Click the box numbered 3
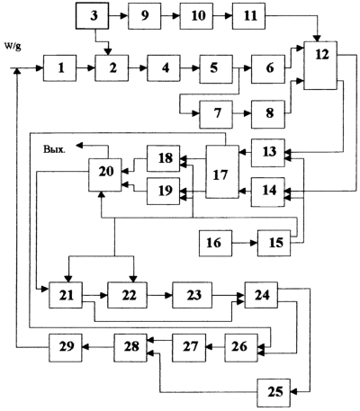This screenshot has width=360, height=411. click(92, 16)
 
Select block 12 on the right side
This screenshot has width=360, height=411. click(320, 66)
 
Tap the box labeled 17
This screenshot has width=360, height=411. click(222, 172)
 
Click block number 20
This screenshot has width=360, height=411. click(105, 174)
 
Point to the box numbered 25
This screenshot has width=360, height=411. click(274, 392)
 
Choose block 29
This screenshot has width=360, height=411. click(66, 348)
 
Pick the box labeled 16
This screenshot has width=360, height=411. click(216, 243)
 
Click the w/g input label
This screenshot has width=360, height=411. click(13, 47)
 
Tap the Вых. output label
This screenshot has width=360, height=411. click(54, 149)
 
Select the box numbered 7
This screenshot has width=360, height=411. click(216, 114)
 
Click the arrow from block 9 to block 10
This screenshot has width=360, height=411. click(170, 16)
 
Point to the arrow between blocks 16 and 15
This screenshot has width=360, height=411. click(245, 243)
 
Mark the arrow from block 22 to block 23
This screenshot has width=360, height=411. click(159, 295)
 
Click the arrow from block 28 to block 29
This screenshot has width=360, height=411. click(98, 348)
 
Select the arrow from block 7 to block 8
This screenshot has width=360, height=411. click(242, 114)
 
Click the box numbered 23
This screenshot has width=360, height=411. click(192, 295)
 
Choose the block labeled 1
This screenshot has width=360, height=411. click(59, 68)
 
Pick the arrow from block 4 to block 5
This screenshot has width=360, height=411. click(190, 68)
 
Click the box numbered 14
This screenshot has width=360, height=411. click(268, 192)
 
